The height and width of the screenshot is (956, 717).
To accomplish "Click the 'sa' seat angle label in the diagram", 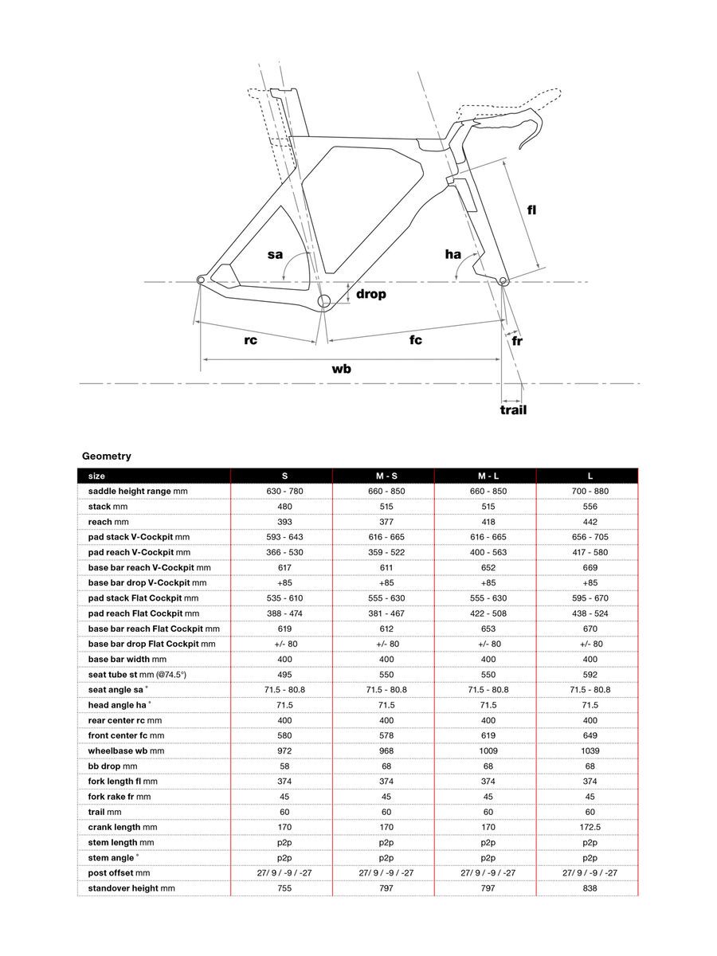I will coord(275,255).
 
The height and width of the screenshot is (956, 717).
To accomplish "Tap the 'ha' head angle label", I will coord(453,254).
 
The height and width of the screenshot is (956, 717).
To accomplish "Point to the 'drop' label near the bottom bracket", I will coord(370,294).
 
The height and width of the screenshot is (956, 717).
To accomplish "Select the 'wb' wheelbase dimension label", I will coord(342,369).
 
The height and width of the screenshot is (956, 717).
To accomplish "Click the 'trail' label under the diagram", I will coord(513,410).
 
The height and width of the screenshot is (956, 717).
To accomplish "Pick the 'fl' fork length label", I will coord(531,210).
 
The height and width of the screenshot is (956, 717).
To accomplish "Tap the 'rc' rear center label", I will coord(250,340).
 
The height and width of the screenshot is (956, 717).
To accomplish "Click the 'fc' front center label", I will coord(416,340).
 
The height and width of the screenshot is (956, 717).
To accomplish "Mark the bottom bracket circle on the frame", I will coord(324,301).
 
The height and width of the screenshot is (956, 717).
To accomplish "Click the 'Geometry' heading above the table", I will coord(106,456).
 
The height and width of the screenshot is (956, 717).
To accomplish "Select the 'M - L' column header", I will coord(488,476).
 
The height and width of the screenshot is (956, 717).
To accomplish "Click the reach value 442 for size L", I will coord(590,522).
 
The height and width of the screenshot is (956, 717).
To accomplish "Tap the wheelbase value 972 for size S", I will coord(284,750).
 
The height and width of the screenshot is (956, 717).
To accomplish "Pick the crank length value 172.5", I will coord(590,827).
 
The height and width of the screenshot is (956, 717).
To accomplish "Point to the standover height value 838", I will coord(590,887).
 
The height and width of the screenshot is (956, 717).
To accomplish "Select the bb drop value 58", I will coord(284,766).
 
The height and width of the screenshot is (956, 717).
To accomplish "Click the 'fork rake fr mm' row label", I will coord(119,797).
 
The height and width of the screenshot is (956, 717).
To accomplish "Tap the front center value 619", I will coord(488,735).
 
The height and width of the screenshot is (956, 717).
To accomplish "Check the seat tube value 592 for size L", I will coord(590,674).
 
